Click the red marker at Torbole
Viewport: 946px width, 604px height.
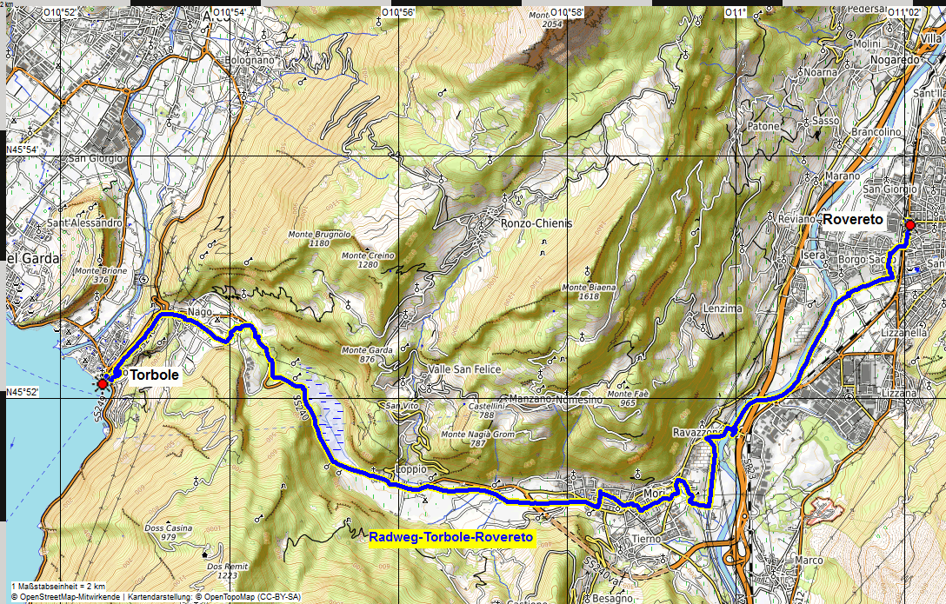[x=103, y=383]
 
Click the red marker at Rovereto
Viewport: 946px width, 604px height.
[x=909, y=225]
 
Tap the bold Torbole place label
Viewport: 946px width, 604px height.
[x=155, y=375]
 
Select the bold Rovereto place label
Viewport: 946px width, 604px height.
[x=853, y=220]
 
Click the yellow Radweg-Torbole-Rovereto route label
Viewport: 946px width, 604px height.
[x=450, y=538]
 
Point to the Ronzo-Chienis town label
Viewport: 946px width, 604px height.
[x=536, y=223]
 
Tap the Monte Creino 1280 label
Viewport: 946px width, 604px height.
[x=368, y=260]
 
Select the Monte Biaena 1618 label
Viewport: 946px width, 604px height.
[x=590, y=292]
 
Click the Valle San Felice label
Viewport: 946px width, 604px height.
[x=464, y=369]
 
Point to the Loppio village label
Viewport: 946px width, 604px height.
[x=411, y=468]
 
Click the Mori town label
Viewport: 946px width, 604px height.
[x=654, y=493]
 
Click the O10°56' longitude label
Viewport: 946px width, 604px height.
[x=398, y=11]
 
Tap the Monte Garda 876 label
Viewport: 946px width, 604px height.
[x=366, y=355]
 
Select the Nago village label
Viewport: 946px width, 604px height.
[x=199, y=311]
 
